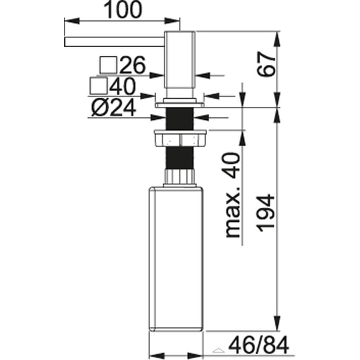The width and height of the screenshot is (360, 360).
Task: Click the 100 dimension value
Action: click(123, 10)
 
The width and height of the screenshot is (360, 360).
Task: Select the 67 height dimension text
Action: click(266, 64)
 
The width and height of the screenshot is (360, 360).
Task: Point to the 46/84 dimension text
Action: click(259, 345)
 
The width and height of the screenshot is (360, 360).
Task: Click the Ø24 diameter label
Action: click(113, 108)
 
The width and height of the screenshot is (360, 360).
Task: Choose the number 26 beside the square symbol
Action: click(132, 65)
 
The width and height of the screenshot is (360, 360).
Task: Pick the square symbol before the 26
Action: click(108, 65)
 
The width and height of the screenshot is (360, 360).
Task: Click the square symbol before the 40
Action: click(99, 86)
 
